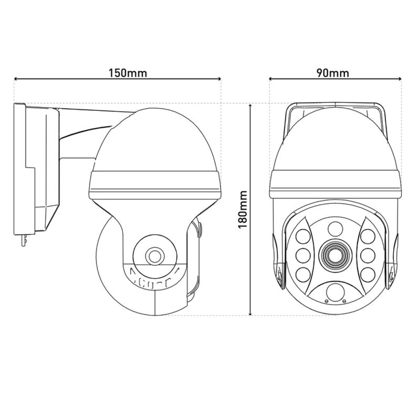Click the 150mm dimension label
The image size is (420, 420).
pos(128,73)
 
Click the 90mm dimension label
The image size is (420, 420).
pos(333,73)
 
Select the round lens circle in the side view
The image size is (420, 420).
pos(155,256)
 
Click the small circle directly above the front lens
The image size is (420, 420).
pos(335,228)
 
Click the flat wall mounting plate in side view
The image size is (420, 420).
pos(20,168)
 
